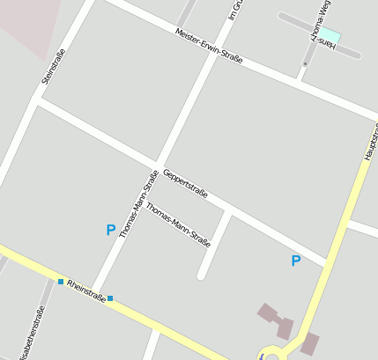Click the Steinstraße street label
(55, 66)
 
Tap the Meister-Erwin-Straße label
(209, 46)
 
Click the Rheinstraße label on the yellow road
(86, 291)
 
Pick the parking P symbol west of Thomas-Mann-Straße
(110, 231)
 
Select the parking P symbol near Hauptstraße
(296, 261)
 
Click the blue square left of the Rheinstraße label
(61, 282)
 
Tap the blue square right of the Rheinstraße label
(110, 299)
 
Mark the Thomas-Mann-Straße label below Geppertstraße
(178, 224)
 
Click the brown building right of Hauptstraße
(310, 343)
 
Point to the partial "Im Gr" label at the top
(234, 11)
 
